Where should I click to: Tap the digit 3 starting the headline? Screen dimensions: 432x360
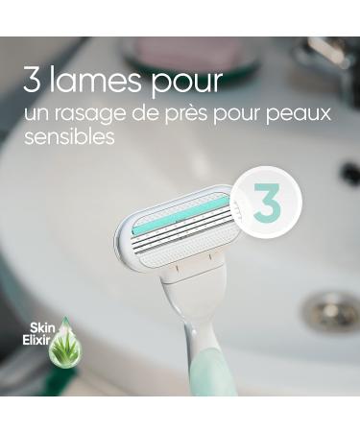[x=34, y=80]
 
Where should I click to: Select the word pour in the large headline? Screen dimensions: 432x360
[x=188, y=83]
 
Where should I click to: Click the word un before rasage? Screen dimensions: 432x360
[x=36, y=114]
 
